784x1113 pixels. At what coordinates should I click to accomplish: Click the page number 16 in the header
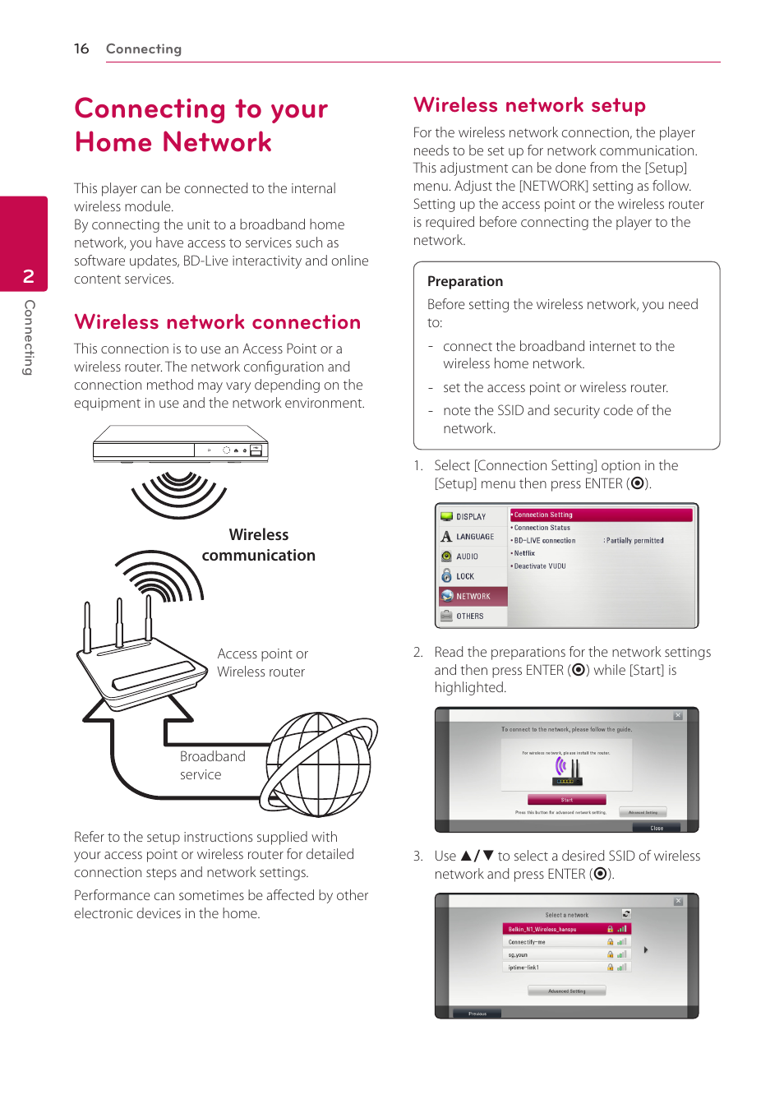[81, 48]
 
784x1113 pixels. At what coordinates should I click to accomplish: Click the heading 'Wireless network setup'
[529, 105]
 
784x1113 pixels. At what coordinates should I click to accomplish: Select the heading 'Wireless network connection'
[217, 322]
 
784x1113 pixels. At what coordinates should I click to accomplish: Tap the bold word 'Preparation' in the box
[464, 281]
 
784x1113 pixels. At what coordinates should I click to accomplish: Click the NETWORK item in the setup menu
[473, 596]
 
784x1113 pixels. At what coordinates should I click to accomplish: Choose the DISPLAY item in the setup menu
[470, 517]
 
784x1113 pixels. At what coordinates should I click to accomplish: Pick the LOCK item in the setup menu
[464, 576]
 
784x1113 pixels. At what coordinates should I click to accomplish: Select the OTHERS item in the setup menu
[469, 616]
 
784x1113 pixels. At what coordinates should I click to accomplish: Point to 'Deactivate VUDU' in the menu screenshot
[540, 566]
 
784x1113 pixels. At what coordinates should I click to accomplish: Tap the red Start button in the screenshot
[566, 800]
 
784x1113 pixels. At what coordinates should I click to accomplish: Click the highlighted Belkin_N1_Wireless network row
[566, 929]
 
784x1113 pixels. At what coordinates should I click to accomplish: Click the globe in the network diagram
[320, 764]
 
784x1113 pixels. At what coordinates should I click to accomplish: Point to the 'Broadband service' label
[211, 765]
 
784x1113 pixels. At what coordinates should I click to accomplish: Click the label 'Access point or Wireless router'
[262, 663]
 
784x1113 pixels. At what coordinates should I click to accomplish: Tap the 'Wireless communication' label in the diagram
[259, 545]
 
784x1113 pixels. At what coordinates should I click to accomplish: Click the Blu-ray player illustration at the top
[181, 445]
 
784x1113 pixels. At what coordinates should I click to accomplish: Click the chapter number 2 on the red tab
[29, 276]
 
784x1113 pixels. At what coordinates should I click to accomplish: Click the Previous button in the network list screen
[477, 1014]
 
